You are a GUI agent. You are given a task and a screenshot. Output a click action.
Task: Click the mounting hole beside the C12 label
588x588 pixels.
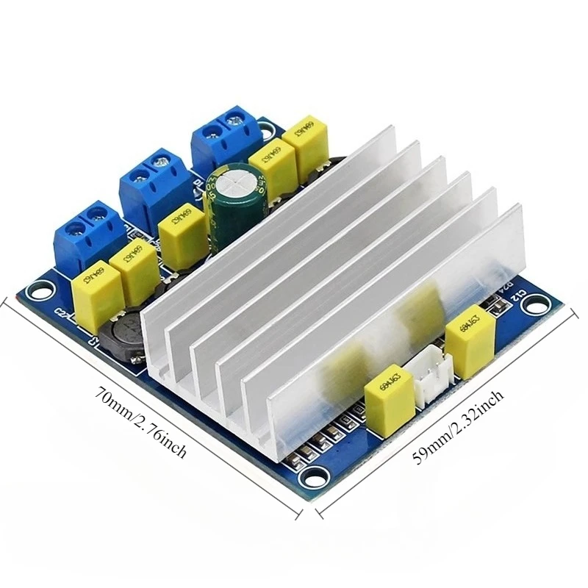tap(540, 302)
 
